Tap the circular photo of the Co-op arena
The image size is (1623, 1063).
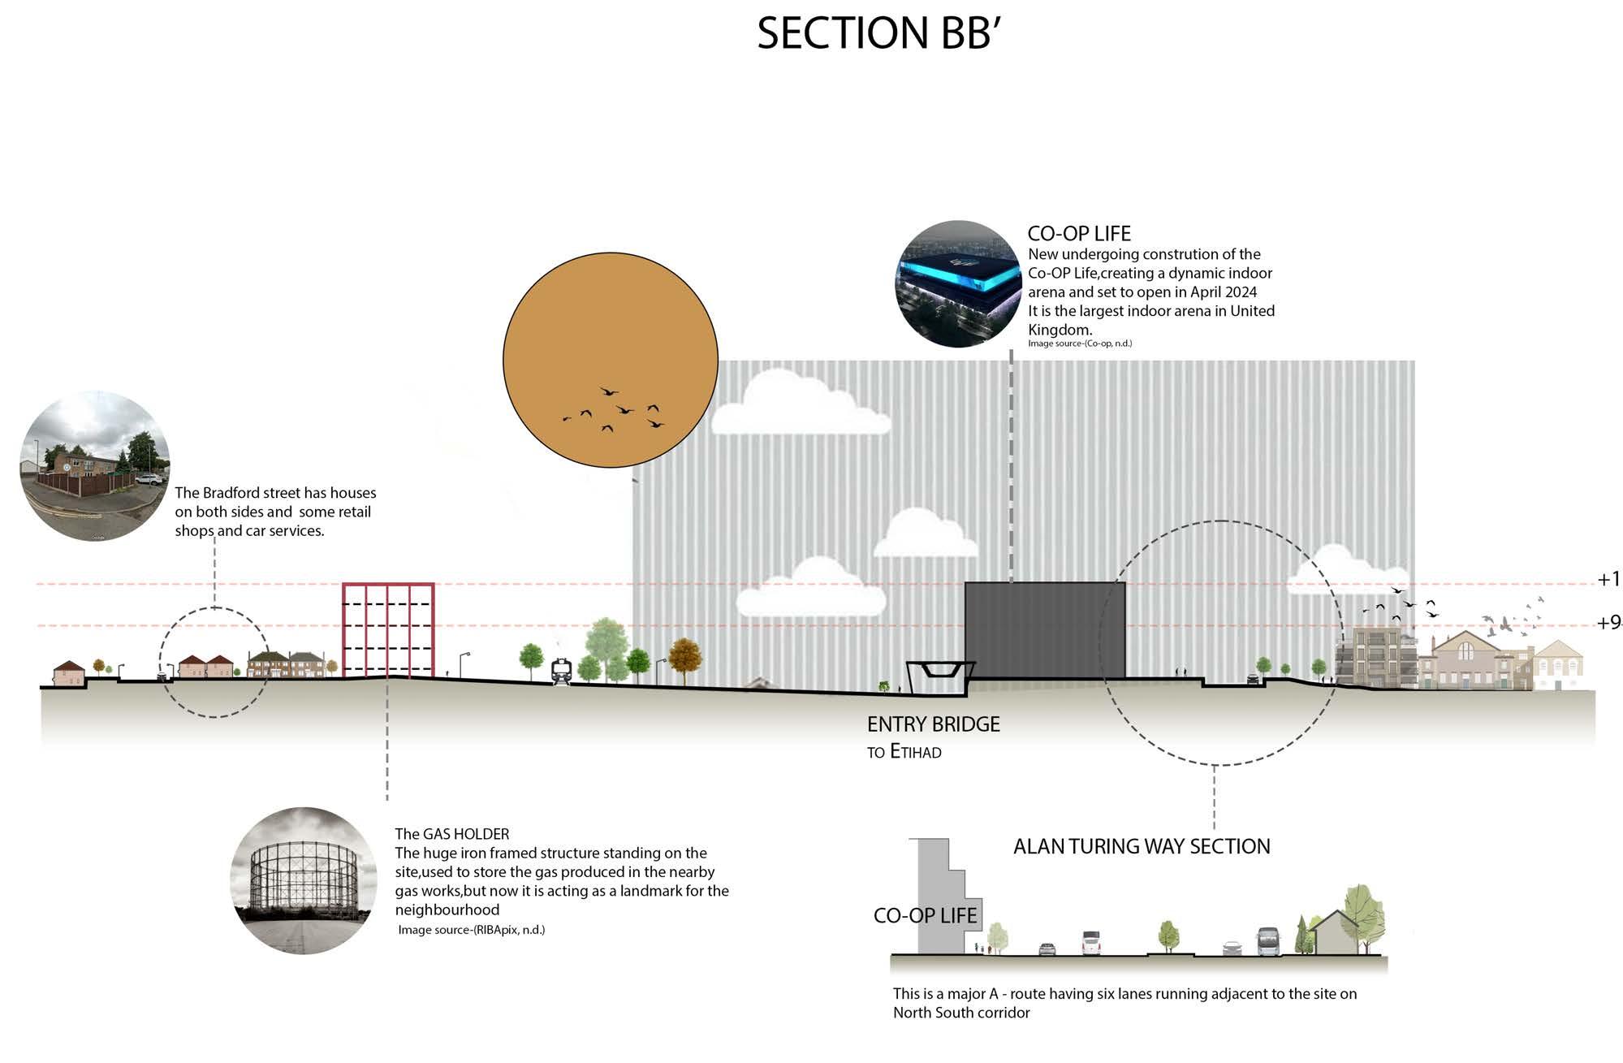click(958, 283)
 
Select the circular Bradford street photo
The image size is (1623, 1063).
click(95, 466)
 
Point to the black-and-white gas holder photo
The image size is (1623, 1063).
click(304, 880)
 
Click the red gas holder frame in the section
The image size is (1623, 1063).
click(388, 629)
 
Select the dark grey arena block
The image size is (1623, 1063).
click(1044, 630)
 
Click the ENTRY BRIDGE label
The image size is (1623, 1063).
click(933, 724)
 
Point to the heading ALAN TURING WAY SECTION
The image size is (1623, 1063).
click(1141, 846)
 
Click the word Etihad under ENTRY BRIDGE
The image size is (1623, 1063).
click(916, 752)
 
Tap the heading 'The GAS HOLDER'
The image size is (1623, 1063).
click(452, 834)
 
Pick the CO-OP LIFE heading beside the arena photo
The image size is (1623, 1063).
click(1078, 234)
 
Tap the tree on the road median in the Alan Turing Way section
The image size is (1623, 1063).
click(1168, 936)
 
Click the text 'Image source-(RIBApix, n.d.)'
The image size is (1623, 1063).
click(471, 930)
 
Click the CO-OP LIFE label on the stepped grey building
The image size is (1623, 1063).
click(925, 915)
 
